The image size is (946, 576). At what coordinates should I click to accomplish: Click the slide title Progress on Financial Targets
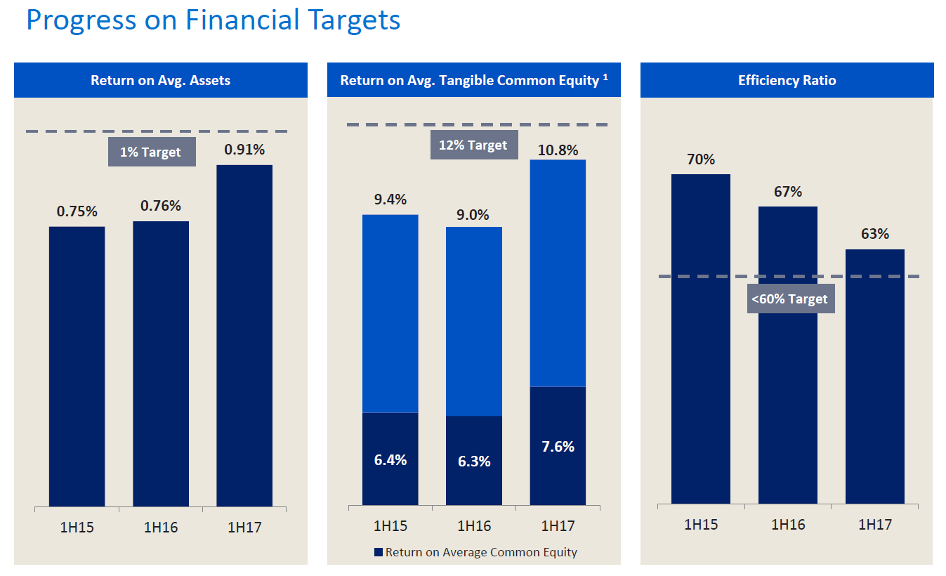[x=213, y=20]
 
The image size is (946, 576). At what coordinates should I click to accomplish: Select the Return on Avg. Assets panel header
[x=160, y=80]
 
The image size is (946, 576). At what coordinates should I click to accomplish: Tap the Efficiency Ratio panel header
[x=787, y=80]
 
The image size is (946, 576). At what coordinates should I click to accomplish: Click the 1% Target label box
[x=151, y=152]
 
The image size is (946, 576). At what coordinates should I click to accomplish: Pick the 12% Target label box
[x=473, y=145]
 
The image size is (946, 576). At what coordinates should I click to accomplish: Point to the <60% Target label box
[x=790, y=299]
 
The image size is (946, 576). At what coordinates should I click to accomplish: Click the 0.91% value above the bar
[x=244, y=150]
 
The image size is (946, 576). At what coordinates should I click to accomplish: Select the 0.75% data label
[x=77, y=211]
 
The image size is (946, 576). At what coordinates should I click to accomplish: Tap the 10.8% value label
[x=558, y=150]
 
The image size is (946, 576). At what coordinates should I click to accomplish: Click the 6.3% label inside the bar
[x=473, y=462]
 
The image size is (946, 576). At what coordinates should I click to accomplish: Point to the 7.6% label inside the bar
[x=558, y=447]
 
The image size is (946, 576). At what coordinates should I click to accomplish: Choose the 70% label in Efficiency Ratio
[x=700, y=159]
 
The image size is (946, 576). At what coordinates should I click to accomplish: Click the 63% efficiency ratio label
[x=874, y=234]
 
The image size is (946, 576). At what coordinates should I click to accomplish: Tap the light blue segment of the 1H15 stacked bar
[x=390, y=313]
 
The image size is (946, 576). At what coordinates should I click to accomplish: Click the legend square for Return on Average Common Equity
[x=379, y=553]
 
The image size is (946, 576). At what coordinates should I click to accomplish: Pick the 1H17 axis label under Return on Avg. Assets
[x=244, y=528]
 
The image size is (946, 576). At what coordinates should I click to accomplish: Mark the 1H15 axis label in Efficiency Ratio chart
[x=700, y=525]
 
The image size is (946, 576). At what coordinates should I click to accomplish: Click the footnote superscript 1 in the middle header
[x=605, y=77]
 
